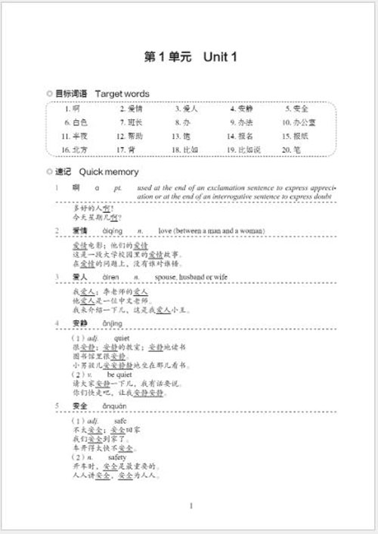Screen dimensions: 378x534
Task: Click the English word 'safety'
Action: click(x=117, y=458)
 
